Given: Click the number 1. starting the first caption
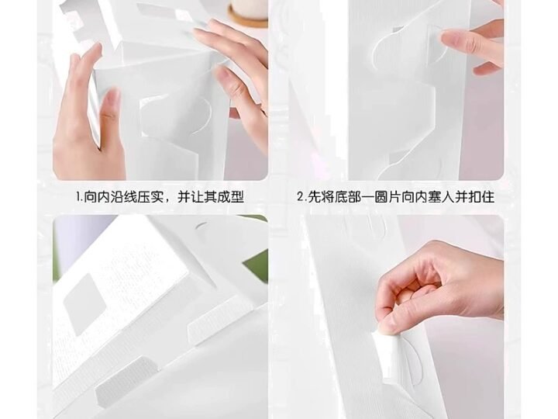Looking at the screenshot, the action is point(79,196).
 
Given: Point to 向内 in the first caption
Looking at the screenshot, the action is point(96,196).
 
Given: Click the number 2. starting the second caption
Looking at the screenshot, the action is point(301,196).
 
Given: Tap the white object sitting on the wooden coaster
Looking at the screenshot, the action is point(249,8).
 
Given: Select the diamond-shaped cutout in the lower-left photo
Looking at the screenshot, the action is point(84,304).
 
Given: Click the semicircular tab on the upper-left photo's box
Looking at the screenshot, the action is point(203,115).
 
